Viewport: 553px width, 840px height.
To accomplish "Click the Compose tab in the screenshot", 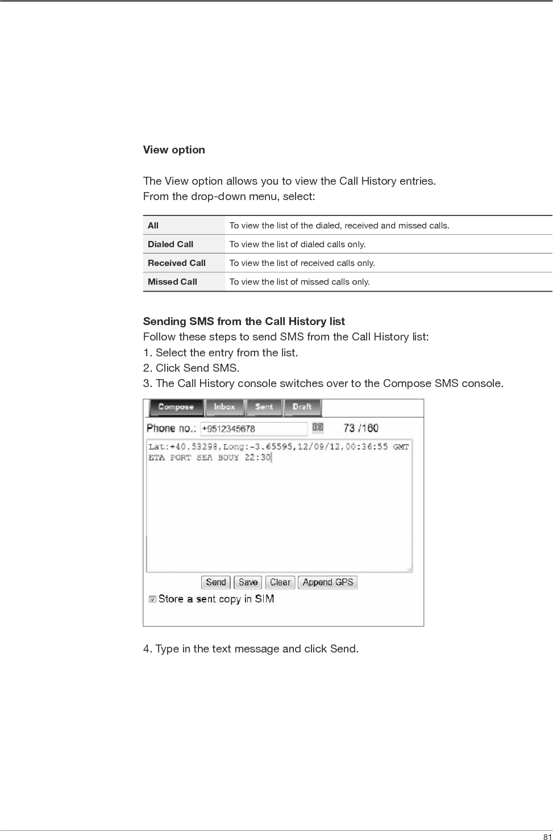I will point(176,407).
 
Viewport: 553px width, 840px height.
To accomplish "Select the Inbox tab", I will point(224,407).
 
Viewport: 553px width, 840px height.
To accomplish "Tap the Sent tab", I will point(264,407).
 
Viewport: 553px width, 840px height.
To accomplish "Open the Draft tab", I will point(302,407).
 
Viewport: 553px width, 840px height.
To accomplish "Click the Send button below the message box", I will point(216,583).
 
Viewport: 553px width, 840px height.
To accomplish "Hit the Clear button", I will point(280,583).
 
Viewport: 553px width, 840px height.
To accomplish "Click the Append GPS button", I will point(328,583).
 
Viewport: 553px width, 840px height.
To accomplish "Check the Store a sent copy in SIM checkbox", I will point(152,599).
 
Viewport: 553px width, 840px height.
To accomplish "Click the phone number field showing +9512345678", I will point(253,429).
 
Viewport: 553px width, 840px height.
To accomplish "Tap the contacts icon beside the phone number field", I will point(318,427).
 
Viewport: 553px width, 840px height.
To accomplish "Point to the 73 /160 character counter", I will point(361,428).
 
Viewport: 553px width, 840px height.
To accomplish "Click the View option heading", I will point(174,150).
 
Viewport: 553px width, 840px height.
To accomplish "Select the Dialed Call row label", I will point(171,244).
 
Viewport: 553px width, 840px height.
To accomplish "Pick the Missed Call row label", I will point(172,282).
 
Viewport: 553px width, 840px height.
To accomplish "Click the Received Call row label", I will point(177,263).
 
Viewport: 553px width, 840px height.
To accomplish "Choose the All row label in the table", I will point(153,226).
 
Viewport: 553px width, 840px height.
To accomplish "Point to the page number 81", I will point(547,836).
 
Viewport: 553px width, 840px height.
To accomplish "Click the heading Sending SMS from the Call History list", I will point(244,322).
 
